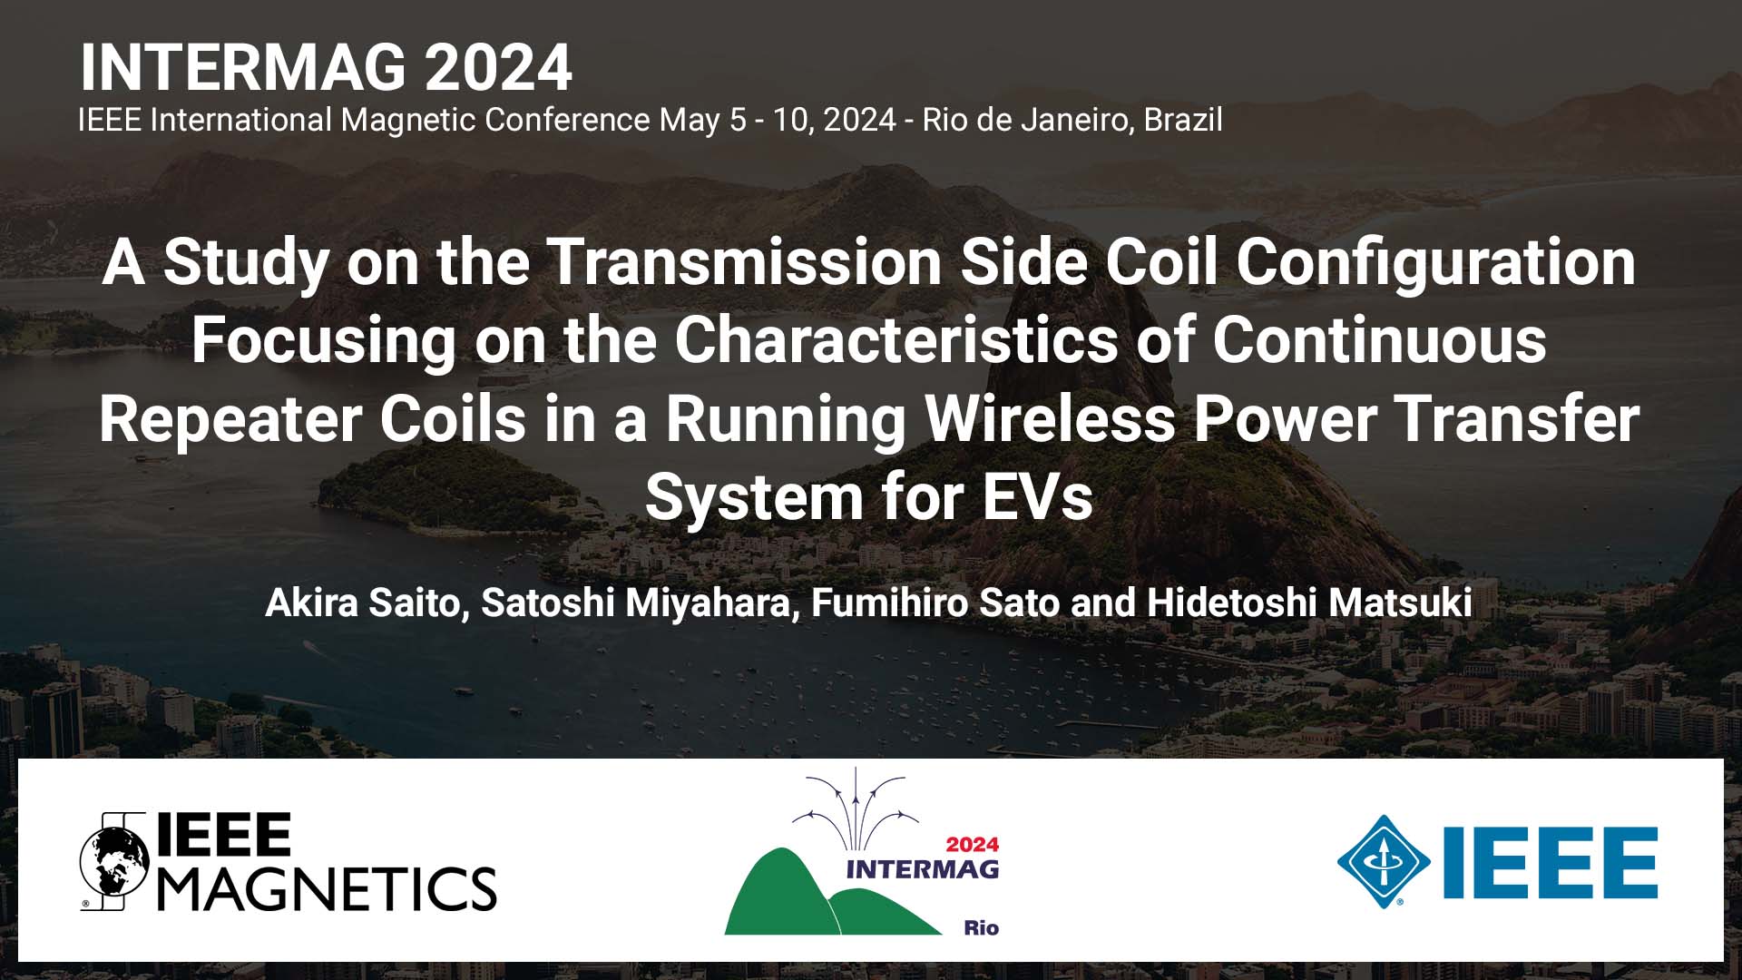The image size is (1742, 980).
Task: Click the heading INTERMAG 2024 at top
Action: point(326,68)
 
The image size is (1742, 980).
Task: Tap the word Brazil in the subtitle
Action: point(1182,120)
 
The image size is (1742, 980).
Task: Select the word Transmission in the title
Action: point(746,262)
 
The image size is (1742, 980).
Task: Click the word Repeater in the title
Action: point(230,419)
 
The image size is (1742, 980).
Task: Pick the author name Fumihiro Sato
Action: point(935,603)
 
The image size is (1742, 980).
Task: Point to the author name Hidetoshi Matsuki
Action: point(1308,603)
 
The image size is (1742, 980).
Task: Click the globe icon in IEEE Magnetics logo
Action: point(114,860)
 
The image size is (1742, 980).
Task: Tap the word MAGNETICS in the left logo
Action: point(328,888)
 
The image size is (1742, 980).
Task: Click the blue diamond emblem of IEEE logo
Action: point(1383,861)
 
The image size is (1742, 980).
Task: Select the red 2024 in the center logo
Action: point(972,845)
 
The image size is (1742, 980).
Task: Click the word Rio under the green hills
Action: point(981,927)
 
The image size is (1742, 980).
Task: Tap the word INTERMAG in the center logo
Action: point(922,869)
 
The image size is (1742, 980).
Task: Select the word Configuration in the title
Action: point(1435,262)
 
